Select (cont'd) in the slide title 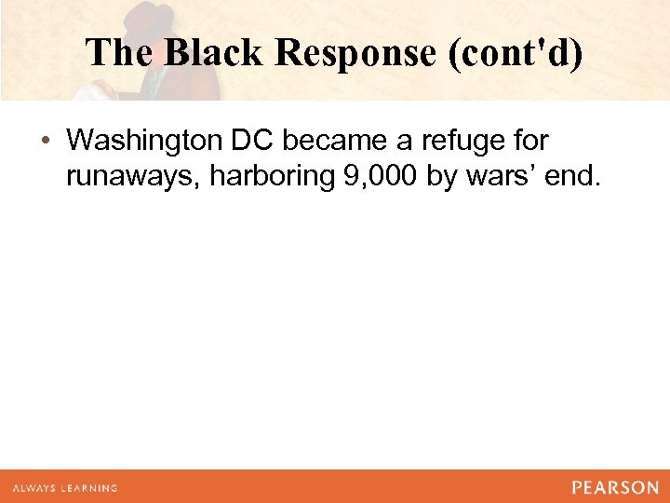pos(516,52)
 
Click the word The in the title pos(121,52)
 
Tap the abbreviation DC pos(253,141)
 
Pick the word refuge pos(450,141)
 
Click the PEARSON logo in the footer pos(614,487)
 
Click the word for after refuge pos(528,141)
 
